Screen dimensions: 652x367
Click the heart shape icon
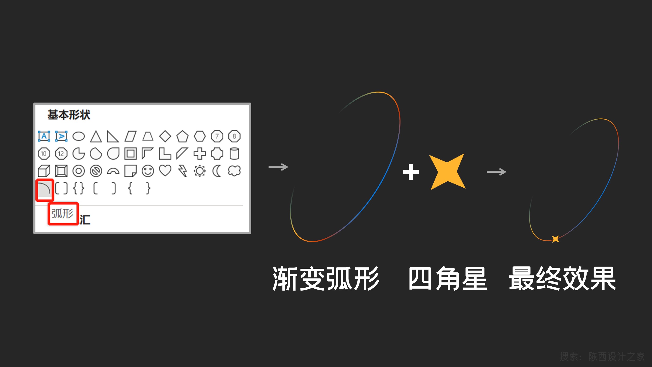(x=165, y=171)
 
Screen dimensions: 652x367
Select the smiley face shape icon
(x=148, y=171)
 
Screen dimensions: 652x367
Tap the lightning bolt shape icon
(x=183, y=171)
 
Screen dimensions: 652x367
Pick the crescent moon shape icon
(x=217, y=171)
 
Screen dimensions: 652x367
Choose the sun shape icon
(x=200, y=171)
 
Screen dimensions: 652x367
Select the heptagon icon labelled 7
(x=217, y=136)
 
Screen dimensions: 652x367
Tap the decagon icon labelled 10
(x=44, y=154)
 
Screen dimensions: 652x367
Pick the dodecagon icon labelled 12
(x=61, y=154)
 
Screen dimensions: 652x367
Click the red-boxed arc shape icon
(x=44, y=189)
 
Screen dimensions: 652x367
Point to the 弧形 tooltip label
(x=62, y=213)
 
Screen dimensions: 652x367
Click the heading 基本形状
(x=69, y=115)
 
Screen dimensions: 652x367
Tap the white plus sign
(x=411, y=172)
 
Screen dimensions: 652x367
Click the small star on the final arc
(x=555, y=239)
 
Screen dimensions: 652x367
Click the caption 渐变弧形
(x=326, y=279)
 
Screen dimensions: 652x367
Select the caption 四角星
(x=448, y=279)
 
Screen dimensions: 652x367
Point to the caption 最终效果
(x=562, y=279)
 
